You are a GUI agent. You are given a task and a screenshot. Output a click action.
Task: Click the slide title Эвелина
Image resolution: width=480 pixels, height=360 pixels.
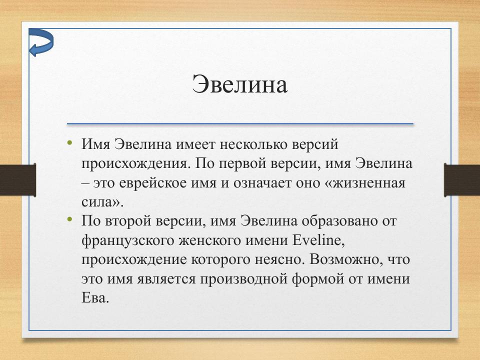(x=240, y=84)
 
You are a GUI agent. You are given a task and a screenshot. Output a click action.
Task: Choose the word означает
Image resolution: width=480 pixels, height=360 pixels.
(x=260, y=182)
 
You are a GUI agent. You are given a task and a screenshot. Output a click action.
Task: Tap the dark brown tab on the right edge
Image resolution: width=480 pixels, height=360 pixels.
(x=461, y=178)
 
